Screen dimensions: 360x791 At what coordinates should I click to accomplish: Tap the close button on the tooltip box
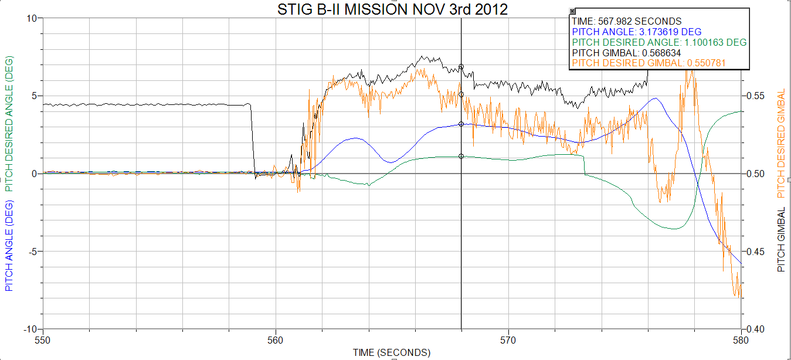(x=573, y=11)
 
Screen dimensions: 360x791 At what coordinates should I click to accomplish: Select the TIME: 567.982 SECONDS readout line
(x=626, y=21)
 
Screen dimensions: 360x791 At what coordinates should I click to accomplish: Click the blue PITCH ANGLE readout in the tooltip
(x=636, y=32)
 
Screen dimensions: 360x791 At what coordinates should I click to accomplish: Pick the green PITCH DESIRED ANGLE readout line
(x=659, y=42)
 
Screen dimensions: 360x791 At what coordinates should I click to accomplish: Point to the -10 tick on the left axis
(x=29, y=329)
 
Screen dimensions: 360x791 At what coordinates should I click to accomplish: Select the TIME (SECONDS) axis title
(x=391, y=352)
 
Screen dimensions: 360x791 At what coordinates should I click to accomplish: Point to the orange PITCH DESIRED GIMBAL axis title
(x=781, y=144)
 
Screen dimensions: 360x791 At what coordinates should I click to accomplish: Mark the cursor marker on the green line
(x=461, y=156)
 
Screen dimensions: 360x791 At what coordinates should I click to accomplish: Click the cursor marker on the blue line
(x=461, y=124)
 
